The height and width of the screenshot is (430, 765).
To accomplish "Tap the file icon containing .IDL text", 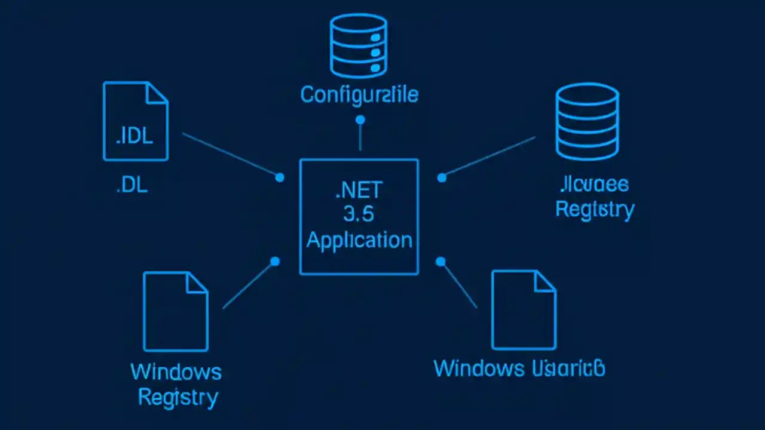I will [135, 122].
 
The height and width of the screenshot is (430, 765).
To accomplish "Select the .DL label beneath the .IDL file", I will [131, 185].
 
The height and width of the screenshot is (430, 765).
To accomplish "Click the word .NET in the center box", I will [359, 192].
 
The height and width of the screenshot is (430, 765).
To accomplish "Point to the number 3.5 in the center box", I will [359, 216].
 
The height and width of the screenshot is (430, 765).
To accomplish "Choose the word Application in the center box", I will [359, 240].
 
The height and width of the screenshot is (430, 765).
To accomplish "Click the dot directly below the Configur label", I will [360, 120].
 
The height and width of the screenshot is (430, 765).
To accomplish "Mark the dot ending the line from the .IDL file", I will [279, 177].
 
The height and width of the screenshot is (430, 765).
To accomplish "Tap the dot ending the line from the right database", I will [442, 177].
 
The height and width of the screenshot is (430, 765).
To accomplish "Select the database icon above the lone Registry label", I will [587, 122].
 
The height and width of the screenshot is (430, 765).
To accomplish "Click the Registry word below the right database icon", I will [595, 210].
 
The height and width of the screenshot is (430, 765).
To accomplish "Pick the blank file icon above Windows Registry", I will [175, 311].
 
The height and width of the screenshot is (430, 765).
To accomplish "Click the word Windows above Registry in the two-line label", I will [176, 372].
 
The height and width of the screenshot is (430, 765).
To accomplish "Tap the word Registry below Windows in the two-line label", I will [178, 397].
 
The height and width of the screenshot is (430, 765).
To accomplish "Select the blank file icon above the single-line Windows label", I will [524, 310].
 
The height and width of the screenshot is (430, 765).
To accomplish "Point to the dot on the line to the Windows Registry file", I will [275, 262].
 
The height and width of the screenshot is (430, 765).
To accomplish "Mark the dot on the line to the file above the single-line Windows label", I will [440, 262].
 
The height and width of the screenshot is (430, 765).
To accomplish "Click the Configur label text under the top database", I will [359, 94].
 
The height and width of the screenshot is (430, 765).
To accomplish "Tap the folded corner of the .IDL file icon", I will [157, 93].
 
